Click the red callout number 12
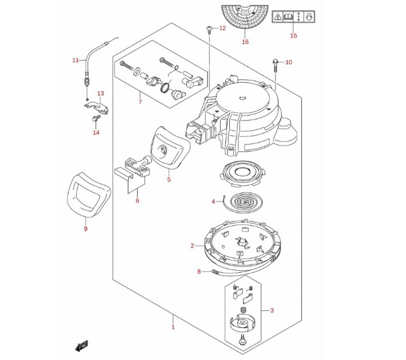(222, 28)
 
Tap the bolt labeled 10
(275, 66)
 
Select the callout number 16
(245, 42)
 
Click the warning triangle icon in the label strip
(278, 17)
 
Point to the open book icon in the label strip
(288, 17)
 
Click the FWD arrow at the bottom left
(82, 346)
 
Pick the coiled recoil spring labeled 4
(244, 202)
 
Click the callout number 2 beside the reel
(192, 246)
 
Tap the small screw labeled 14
(96, 118)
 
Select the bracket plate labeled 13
(97, 107)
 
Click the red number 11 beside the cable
(75, 61)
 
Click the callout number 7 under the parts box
(140, 102)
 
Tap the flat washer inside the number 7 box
(137, 71)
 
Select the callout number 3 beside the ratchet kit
(272, 310)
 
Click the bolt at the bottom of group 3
(242, 339)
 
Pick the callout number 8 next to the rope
(199, 271)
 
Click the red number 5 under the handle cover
(169, 179)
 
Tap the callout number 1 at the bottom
(173, 327)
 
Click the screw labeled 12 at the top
(209, 29)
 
